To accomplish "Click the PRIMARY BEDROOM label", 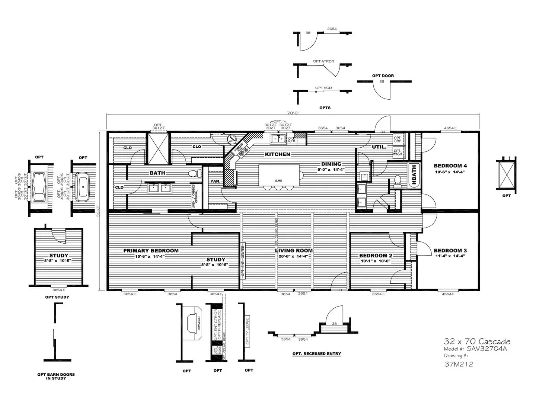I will point(151,251).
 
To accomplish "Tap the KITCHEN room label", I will point(277,154).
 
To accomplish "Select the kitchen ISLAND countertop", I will point(279,175).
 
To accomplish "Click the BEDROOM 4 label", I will point(450,166).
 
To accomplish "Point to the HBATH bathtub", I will point(414,174).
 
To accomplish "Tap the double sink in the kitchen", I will point(278,139).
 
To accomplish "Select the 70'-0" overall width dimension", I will point(293,112).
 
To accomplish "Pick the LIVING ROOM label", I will point(294,251).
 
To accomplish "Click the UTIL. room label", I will point(379,147).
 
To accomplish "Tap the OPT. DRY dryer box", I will point(398,139).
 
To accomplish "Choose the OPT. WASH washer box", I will point(398,153).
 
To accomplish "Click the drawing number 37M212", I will point(459,364).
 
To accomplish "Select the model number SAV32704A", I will point(487,349).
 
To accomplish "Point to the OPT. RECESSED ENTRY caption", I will point(317,354).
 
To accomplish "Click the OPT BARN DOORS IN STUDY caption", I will point(56,376).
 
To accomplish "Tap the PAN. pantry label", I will point(215,181).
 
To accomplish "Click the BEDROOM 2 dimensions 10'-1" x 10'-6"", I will point(375,261).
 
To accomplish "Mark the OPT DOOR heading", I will point(383,76).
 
